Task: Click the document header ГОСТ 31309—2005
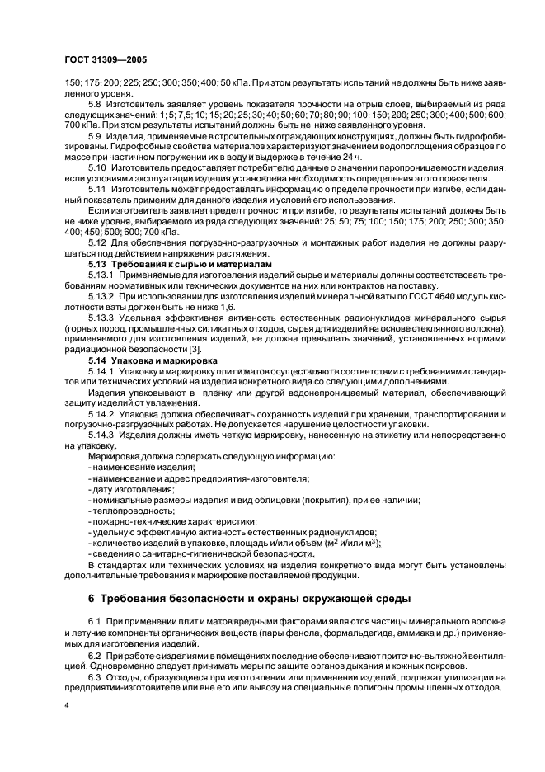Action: pyautogui.click(x=105, y=60)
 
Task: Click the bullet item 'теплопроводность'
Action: pyautogui.click(x=124, y=511)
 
